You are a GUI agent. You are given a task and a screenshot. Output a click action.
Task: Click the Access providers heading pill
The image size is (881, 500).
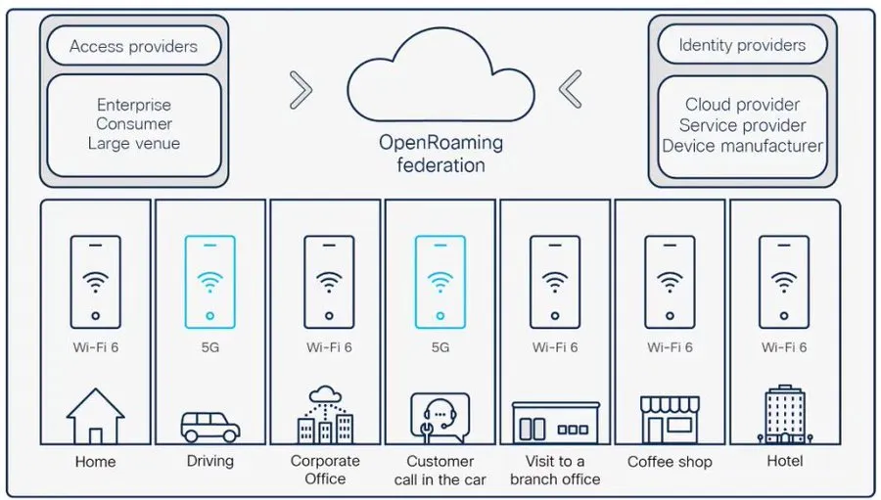click(133, 46)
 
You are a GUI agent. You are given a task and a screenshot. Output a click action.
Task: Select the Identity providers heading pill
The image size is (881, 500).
click(742, 45)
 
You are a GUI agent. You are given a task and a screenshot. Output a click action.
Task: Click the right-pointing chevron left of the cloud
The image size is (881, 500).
click(301, 90)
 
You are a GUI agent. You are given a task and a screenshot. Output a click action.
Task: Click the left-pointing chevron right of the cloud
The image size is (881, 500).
click(571, 90)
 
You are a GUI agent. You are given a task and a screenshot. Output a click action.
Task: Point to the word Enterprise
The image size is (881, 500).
click(133, 105)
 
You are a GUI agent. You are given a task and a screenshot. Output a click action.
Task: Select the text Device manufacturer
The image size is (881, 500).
click(742, 146)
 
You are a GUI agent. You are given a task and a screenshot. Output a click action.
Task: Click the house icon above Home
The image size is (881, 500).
click(95, 416)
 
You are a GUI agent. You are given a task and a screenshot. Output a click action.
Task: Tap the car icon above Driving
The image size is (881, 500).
click(209, 426)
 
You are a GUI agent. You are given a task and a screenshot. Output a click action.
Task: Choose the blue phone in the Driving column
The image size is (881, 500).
click(209, 281)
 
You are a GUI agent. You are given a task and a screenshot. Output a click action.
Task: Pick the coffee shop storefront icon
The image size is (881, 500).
click(670, 420)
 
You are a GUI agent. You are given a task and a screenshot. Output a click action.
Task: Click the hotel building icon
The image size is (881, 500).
click(783, 414)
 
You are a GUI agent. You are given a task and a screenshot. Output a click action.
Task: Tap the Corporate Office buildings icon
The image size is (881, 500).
click(325, 416)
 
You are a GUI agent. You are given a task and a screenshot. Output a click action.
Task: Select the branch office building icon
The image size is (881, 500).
click(555, 423)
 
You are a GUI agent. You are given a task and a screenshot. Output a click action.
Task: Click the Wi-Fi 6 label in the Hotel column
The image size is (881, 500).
click(783, 347)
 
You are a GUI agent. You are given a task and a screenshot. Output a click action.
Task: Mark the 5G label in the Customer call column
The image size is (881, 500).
click(440, 347)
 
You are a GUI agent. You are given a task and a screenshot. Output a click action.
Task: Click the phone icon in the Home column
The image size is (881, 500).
click(95, 281)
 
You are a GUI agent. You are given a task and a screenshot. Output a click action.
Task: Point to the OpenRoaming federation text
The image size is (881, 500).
click(440, 154)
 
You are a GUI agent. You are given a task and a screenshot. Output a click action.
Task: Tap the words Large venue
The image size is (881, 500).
click(133, 144)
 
